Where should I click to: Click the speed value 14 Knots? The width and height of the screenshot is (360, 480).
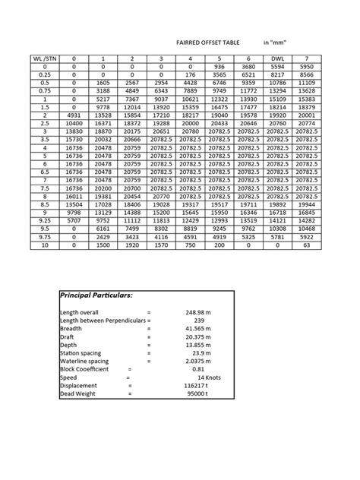coord(212,377)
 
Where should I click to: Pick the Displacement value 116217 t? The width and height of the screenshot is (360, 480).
coord(206,386)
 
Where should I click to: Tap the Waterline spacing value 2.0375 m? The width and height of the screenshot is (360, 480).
coord(204,362)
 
